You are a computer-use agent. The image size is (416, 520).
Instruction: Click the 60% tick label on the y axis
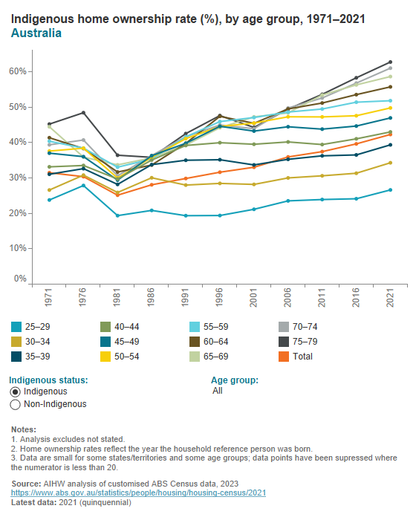point(18,71)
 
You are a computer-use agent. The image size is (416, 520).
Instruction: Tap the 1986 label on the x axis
point(152,299)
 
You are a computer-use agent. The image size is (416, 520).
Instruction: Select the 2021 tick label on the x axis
point(389,299)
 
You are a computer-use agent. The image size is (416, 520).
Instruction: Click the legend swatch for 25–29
point(16,326)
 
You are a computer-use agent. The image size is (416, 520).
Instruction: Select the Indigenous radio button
point(15,391)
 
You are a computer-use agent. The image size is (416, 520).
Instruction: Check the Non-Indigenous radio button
point(15,405)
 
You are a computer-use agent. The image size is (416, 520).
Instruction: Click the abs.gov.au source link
point(139,493)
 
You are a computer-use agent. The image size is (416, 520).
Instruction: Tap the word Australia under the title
point(36,33)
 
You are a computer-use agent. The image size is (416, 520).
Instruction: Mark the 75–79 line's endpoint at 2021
point(389,62)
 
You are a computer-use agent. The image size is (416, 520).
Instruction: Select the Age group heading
point(235,380)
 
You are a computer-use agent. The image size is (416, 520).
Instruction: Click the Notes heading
point(25,430)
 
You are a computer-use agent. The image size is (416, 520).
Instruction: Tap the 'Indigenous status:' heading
point(49,380)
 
